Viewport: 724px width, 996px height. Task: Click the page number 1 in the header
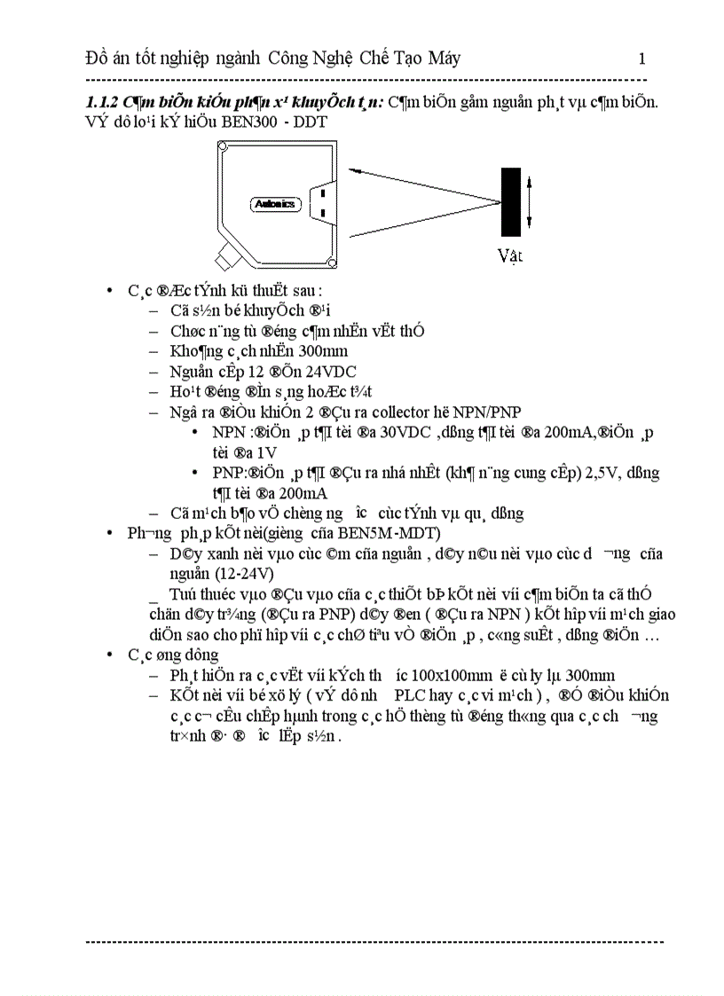[x=641, y=59]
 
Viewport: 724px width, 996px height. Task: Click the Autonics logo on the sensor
[x=275, y=204]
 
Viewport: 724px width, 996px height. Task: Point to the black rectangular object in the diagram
[x=510, y=201]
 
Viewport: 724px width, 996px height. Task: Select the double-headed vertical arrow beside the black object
[x=530, y=201]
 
